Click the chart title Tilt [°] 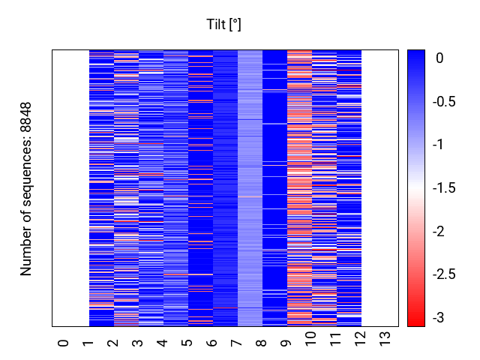pos(223,25)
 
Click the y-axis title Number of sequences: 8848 pos(25,189)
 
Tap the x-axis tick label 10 pos(311,339)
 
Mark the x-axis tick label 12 pos(361,339)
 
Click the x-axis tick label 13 pos(385,339)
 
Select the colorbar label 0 pos(439,58)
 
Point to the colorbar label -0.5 pos(444,101)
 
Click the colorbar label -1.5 pos(444,187)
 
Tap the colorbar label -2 pos(438,231)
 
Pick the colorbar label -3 pos(438,317)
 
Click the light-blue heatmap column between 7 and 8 pos(250,188)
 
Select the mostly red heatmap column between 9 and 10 pos(300,188)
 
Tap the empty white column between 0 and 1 pos(70,188)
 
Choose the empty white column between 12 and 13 pos(380,188)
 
